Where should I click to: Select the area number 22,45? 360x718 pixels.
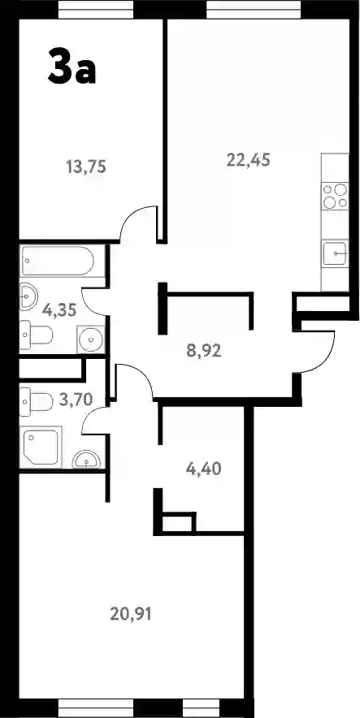[249, 160]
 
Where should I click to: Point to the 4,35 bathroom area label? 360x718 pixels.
[59, 310]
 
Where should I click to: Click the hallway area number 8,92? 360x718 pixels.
[204, 351]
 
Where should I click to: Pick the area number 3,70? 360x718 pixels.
[76, 400]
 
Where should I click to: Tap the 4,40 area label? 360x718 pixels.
[204, 469]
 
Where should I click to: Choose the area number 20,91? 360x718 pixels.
[131, 613]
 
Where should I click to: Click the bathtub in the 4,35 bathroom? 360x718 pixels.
[57, 261]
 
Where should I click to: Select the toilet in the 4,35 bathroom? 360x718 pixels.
[36, 335]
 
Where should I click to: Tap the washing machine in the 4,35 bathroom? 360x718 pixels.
[91, 340]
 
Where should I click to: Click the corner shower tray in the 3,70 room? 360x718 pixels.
[41, 448]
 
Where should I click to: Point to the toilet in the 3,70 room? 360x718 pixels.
[36, 401]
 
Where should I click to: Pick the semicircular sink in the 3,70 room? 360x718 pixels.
[87, 459]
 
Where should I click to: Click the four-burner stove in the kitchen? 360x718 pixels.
[335, 196]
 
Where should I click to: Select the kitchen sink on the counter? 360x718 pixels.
[335, 253]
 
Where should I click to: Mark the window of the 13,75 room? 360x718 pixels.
[96, 10]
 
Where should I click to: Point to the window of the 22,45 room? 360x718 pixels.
[254, 10]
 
